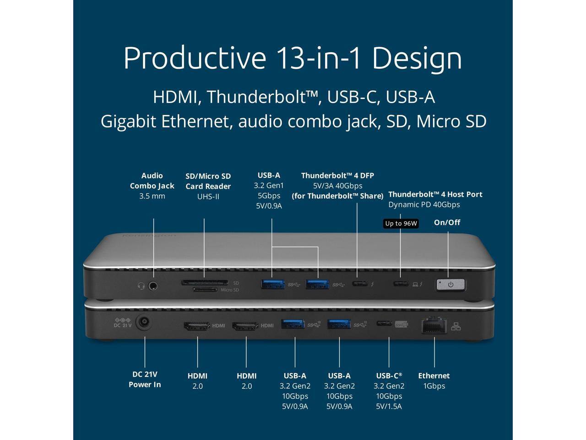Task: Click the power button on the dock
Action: pyautogui.click(x=451, y=285)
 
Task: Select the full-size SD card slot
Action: pyautogui.click(x=205, y=282)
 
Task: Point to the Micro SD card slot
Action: pyautogui.click(x=205, y=290)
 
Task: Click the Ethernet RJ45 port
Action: pyautogui.click(x=434, y=326)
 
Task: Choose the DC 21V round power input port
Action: pyautogui.click(x=145, y=324)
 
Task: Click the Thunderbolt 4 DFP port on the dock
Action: pyautogui.click(x=359, y=284)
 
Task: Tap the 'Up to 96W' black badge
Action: pyautogui.click(x=401, y=224)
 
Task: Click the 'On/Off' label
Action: pyautogui.click(x=447, y=222)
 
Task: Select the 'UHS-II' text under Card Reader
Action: pyautogui.click(x=208, y=197)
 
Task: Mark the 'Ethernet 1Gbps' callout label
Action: pyautogui.click(x=434, y=380)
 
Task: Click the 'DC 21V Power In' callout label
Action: pyautogui.click(x=145, y=379)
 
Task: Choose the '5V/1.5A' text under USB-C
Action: pyautogui.click(x=389, y=406)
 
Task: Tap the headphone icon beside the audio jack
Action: pyautogui.click(x=141, y=286)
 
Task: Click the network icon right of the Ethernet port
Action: pyautogui.click(x=456, y=326)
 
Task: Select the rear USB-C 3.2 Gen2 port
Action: pyautogui.click(x=383, y=324)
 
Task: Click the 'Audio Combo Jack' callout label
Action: pyautogui.click(x=152, y=181)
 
